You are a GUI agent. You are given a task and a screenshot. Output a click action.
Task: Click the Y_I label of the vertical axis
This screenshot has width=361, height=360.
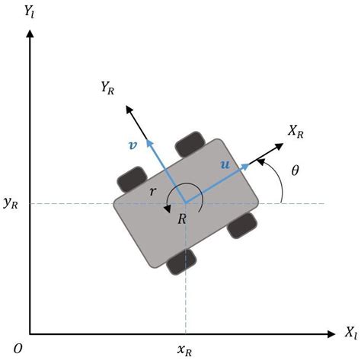pos(32,13)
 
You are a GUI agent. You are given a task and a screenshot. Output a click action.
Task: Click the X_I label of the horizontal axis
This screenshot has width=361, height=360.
pos(350,333)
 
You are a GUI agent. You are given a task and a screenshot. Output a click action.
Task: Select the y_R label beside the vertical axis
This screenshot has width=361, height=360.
pos(11,203)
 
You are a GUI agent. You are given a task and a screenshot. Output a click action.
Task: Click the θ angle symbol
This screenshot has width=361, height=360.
pos(296,170)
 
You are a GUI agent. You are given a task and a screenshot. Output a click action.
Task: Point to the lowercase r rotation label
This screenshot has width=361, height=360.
pos(152,193)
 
